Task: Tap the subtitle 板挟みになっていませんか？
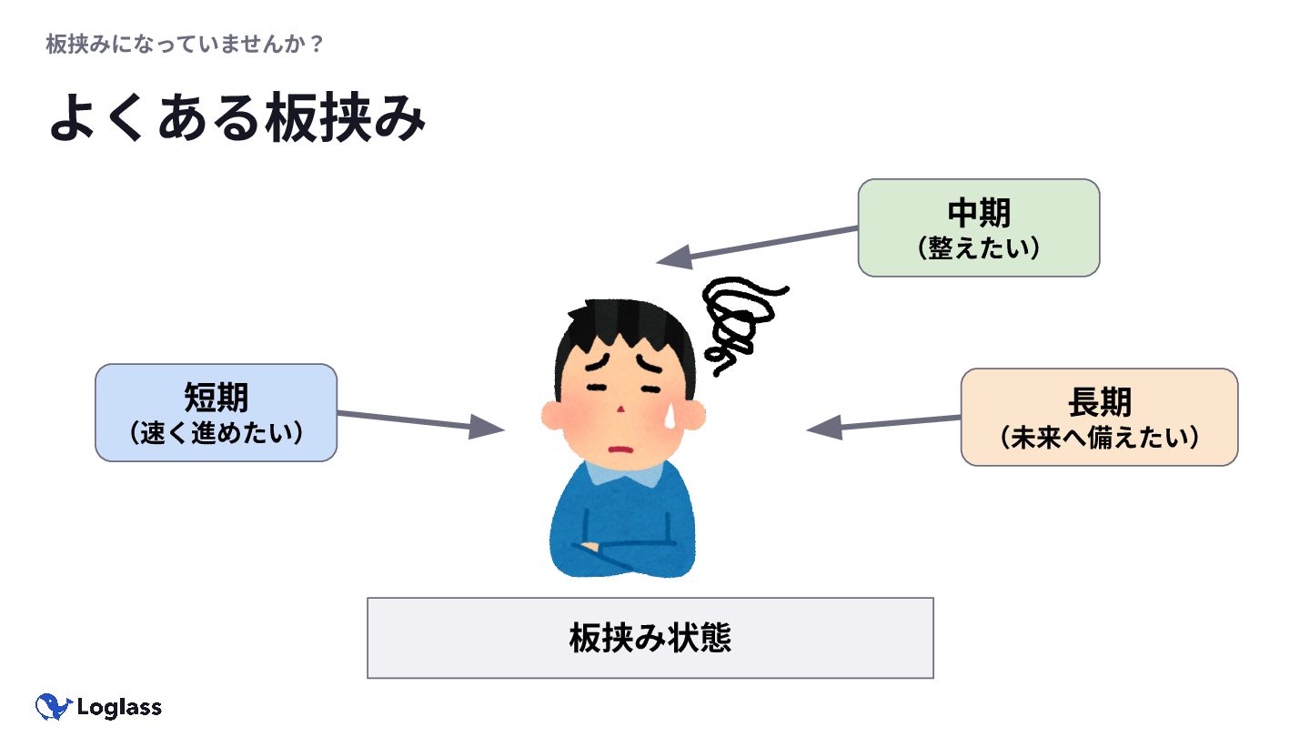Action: click(x=185, y=45)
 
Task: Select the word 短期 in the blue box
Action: click(x=217, y=398)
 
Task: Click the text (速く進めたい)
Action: click(x=217, y=432)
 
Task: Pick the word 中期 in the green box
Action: click(x=979, y=213)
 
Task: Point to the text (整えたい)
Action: click(x=979, y=247)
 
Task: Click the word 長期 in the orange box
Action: click(x=1100, y=401)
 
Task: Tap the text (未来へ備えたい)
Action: click(x=1100, y=437)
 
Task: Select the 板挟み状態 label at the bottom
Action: click(x=650, y=638)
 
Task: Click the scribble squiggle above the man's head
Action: click(x=741, y=318)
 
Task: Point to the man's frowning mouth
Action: click(x=621, y=448)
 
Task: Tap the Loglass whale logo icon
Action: click(x=54, y=707)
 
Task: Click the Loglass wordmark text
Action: click(x=119, y=708)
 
